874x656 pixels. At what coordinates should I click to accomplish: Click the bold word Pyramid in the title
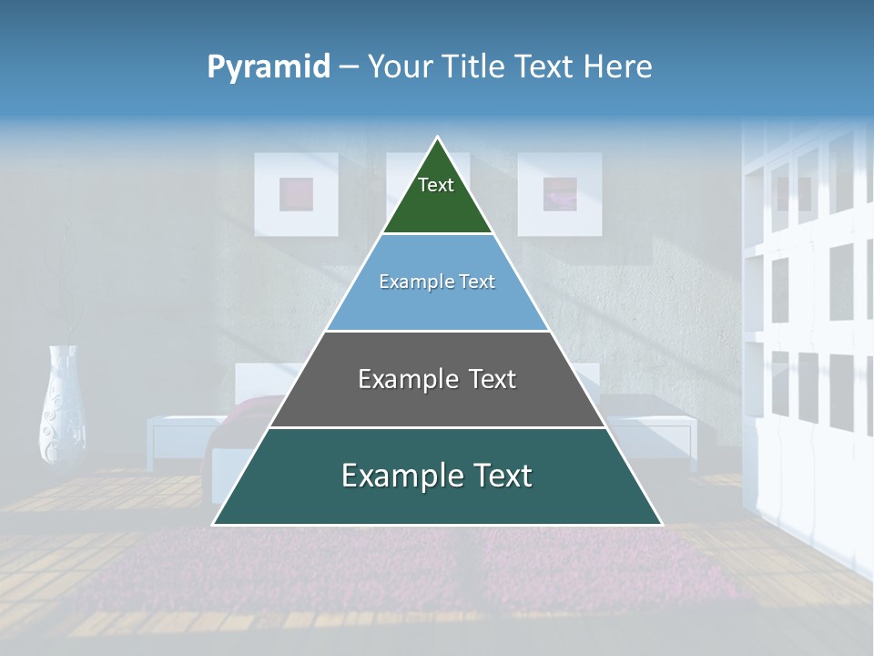(269, 67)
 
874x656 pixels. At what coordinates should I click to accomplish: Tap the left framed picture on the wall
(296, 194)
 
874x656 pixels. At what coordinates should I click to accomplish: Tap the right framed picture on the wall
(560, 194)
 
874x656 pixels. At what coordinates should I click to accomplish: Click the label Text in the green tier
(436, 185)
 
